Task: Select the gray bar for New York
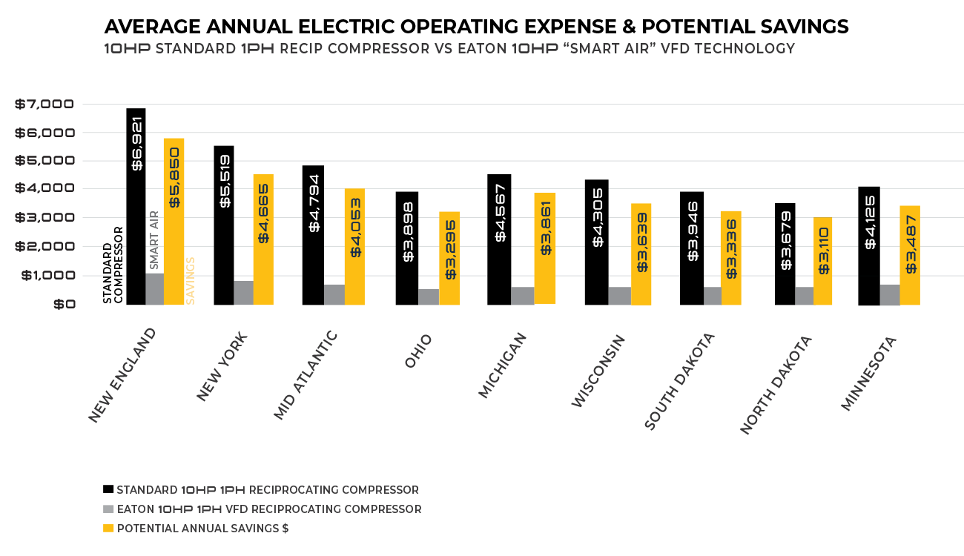[243, 293]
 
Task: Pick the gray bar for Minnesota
[890, 294]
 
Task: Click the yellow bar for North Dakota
[824, 260]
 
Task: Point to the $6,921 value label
[137, 143]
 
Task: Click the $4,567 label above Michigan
[501, 213]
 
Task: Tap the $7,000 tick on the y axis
[44, 104]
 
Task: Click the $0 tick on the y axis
[62, 304]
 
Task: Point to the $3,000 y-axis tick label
[44, 218]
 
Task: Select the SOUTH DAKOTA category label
[680, 381]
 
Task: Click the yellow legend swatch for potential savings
[109, 529]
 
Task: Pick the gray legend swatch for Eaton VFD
[109, 509]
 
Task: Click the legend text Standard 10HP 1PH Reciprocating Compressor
[268, 490]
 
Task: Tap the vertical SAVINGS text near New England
[191, 280]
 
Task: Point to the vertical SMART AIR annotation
[154, 239]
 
